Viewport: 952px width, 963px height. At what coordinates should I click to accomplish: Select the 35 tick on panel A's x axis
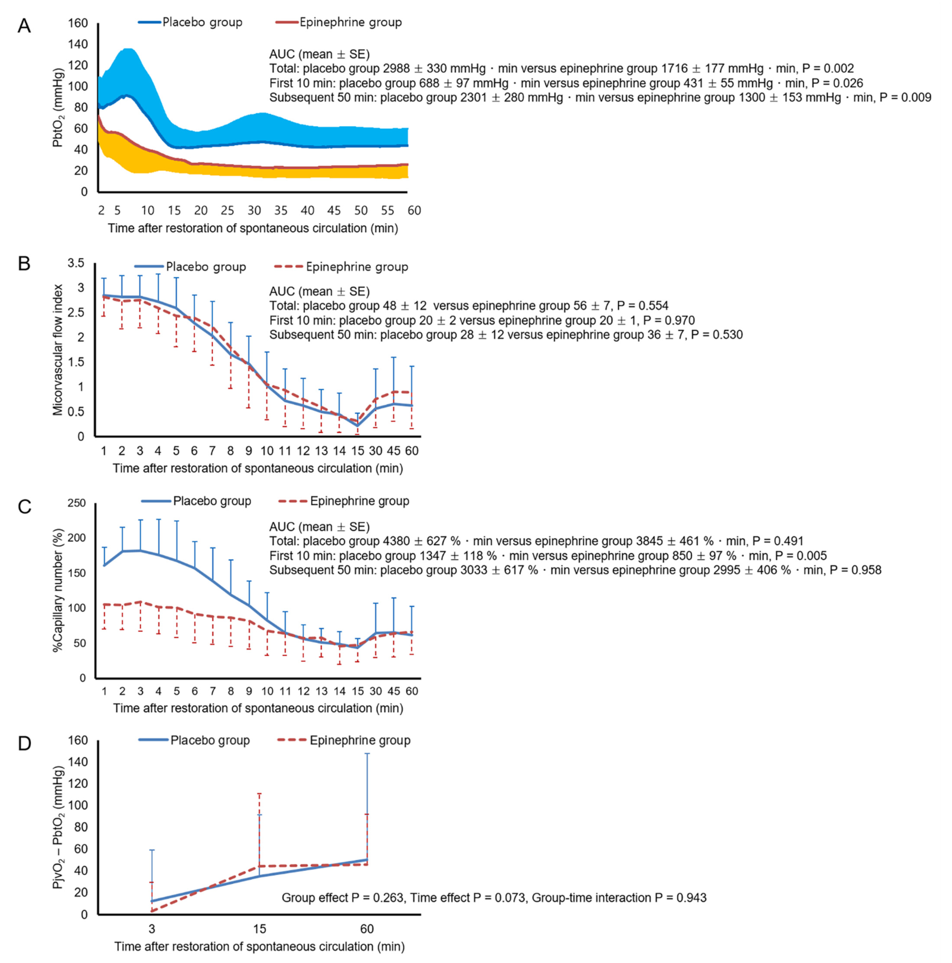[281, 210]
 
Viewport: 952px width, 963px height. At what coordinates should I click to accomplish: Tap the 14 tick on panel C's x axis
[340, 691]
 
